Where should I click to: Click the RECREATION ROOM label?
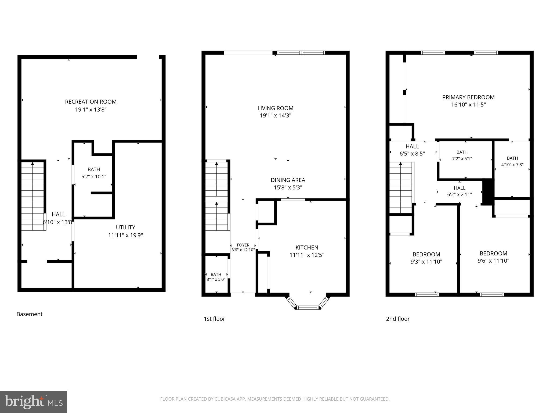point(91,102)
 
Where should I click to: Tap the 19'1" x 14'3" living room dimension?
point(275,116)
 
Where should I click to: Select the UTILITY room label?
point(125,227)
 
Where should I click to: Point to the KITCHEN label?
point(307,248)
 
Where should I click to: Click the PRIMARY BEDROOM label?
point(468,97)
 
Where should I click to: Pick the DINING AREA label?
point(288,180)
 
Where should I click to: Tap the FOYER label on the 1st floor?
point(243,245)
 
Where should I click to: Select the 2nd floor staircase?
point(401,188)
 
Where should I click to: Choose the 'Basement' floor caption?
point(30,314)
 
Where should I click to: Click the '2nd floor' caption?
point(398,319)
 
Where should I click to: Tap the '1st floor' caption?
point(214,319)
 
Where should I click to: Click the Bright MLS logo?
point(33,402)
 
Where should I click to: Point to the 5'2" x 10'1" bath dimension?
point(94,177)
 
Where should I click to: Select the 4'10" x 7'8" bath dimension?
point(512,165)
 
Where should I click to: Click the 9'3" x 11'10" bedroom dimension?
point(426,262)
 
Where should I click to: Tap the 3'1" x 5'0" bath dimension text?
point(216,279)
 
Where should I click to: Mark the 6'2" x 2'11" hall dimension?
point(459,194)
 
